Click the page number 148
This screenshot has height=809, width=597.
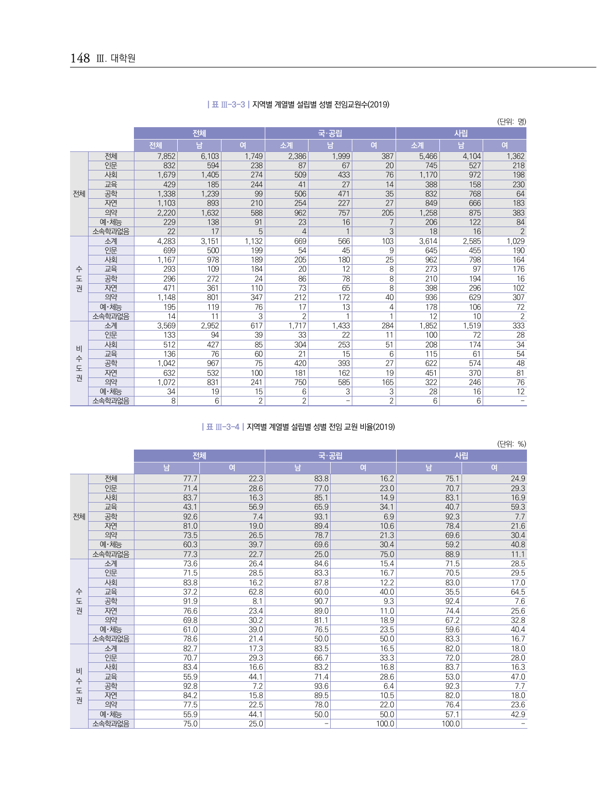tap(80, 58)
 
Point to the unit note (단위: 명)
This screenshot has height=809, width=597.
tap(511, 122)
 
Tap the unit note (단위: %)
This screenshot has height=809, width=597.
tap(511, 444)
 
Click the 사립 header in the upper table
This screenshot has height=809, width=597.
tap(461, 133)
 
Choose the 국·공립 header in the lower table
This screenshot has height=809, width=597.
tap(330, 456)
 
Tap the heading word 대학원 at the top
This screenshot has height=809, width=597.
tap(123, 58)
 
